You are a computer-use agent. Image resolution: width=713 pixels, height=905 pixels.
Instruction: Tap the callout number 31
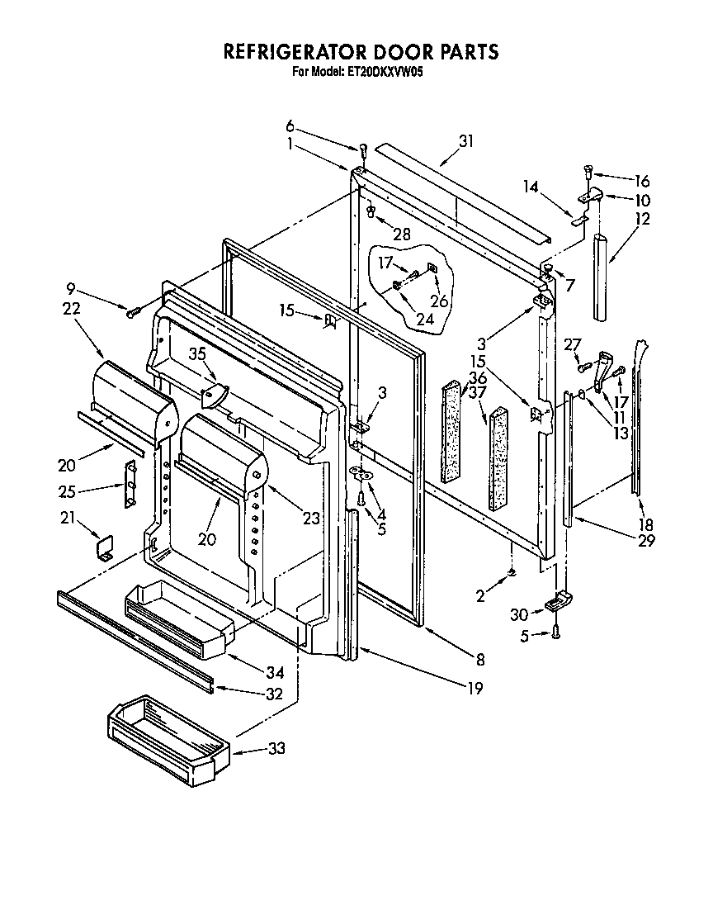pyautogui.click(x=466, y=141)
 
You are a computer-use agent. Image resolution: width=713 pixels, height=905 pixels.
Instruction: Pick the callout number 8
pyautogui.click(x=479, y=659)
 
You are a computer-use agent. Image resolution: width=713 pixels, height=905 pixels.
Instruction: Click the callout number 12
pyautogui.click(x=643, y=219)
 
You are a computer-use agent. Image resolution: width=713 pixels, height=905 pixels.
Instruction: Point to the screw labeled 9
pyautogui.click(x=132, y=311)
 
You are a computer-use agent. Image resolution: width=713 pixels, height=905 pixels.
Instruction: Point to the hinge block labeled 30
pyautogui.click(x=554, y=604)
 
